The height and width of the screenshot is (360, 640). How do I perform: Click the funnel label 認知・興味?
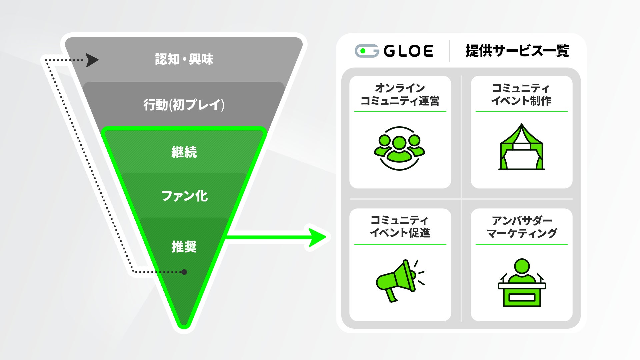[184, 59]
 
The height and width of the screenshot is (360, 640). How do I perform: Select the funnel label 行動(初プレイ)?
[184, 105]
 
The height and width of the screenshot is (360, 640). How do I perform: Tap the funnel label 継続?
[184, 152]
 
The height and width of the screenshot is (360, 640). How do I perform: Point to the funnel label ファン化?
[184, 196]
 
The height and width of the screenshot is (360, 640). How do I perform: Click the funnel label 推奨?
[184, 247]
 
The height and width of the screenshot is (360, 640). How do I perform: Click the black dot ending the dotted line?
[184, 272]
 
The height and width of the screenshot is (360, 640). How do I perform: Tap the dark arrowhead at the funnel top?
[92, 60]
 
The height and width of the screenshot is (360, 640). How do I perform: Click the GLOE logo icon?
[367, 51]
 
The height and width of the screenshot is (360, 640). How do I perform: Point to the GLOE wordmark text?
[408, 51]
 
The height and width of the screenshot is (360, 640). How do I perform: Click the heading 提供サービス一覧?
[517, 51]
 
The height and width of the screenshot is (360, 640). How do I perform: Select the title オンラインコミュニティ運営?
[400, 94]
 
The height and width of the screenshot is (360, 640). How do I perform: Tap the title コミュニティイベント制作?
[521, 94]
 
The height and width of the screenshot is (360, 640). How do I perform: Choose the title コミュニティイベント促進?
[400, 226]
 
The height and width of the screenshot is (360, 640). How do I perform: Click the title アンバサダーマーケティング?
[521, 227]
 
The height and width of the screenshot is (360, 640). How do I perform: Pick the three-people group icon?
[399, 148]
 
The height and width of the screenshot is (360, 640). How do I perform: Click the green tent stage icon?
[521, 147]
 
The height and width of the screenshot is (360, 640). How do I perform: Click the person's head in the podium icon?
[522, 266]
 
